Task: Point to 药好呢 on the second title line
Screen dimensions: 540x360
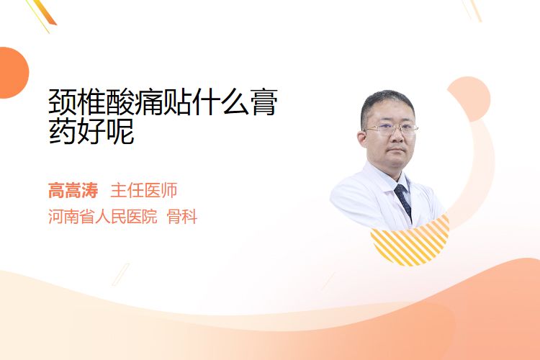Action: pos(91,131)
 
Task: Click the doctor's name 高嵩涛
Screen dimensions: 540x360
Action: pos(73,190)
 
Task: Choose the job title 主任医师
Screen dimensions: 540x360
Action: pos(143,190)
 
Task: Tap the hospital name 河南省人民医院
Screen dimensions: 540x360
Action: pos(103,217)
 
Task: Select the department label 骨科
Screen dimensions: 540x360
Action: pos(182,217)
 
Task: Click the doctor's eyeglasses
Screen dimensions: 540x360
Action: pos(391,129)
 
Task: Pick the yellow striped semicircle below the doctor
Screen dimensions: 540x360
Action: pos(410,245)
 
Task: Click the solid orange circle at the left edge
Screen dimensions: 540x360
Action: pos(13,73)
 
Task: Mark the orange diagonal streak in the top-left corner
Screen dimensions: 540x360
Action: pos(46,12)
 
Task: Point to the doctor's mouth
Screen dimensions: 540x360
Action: pos(397,150)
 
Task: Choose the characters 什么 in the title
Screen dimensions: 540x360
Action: pos(220,102)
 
